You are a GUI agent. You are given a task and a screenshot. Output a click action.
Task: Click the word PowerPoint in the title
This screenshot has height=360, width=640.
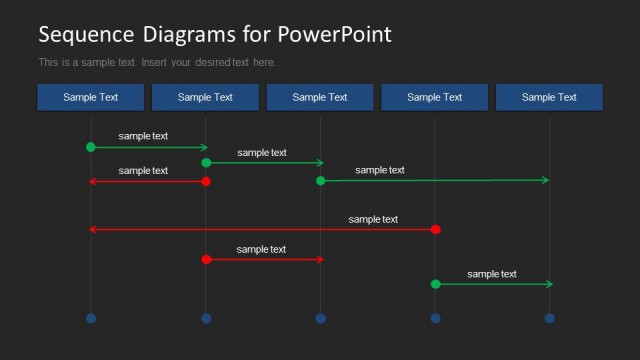(334, 35)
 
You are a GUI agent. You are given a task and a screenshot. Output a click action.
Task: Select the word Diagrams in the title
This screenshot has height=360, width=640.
(189, 35)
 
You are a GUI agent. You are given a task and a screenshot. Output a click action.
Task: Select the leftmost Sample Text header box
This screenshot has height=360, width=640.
(90, 97)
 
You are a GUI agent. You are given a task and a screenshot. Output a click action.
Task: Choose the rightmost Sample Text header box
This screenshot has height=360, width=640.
(549, 97)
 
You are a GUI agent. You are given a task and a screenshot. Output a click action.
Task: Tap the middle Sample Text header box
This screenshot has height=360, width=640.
(320, 97)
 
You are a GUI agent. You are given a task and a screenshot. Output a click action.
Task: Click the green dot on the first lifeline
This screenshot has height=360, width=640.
(91, 147)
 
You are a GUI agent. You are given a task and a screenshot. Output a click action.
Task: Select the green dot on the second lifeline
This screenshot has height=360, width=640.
(206, 162)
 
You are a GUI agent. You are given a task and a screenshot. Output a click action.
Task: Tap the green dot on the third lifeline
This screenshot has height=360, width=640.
(321, 181)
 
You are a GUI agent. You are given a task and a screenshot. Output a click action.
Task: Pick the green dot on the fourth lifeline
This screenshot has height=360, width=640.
(435, 284)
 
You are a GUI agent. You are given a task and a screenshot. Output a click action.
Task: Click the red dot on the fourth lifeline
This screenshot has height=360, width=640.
(435, 229)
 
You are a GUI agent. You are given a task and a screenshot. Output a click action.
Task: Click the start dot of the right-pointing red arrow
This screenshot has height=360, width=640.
(206, 259)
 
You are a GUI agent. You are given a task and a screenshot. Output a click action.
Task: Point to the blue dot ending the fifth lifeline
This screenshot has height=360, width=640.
(549, 318)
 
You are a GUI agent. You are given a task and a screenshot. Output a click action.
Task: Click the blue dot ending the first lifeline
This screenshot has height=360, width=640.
(91, 318)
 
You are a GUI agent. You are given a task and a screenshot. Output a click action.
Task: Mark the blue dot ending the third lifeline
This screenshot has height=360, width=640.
(321, 318)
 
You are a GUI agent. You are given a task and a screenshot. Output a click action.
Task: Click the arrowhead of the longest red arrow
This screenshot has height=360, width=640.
(93, 229)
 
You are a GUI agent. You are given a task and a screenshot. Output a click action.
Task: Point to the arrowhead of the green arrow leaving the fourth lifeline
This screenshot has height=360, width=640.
(549, 284)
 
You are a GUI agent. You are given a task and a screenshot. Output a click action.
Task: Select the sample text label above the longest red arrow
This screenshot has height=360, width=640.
(373, 219)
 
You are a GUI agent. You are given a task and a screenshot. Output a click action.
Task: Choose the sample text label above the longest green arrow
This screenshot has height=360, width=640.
(380, 170)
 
